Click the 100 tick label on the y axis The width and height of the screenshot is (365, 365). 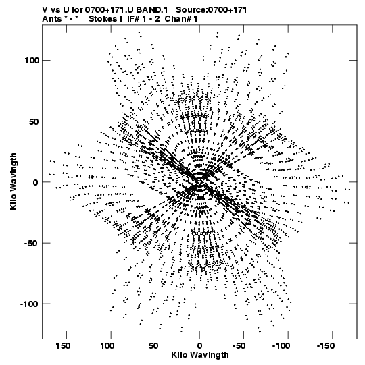[x=32, y=61]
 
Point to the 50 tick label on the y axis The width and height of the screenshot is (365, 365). [x=34, y=121]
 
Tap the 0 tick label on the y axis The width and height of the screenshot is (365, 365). [x=36, y=182]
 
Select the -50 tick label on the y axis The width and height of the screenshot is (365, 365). [x=32, y=244]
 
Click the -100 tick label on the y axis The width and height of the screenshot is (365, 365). [x=29, y=304]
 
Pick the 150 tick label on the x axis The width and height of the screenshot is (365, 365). [x=63, y=346]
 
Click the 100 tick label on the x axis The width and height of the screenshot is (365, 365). [x=107, y=346]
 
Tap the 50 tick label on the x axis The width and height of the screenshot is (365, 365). [x=153, y=346]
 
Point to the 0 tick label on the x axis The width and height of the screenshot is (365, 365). [x=199, y=346]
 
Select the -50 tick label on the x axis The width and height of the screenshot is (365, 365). [x=239, y=346]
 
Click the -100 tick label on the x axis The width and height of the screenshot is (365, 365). [x=281, y=346]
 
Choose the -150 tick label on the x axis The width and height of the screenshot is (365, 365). [x=326, y=346]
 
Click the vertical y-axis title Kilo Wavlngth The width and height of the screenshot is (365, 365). [x=14, y=181]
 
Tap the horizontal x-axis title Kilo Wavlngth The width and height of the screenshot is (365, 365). [x=200, y=355]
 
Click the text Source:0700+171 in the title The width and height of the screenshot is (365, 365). [x=212, y=10]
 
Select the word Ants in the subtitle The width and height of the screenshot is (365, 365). [x=51, y=19]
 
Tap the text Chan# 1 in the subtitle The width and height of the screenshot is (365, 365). [x=181, y=19]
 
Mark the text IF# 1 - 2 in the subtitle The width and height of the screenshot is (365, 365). [x=144, y=19]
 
